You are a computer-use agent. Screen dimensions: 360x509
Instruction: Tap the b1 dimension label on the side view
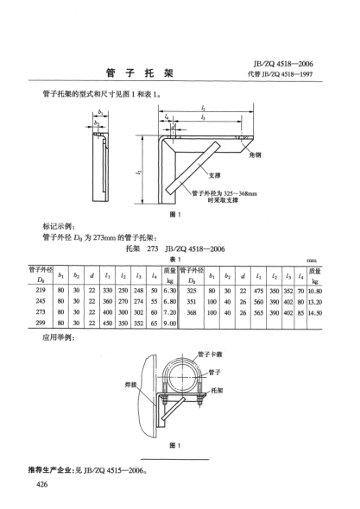[99, 111]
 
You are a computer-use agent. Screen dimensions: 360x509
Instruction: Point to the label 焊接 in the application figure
[135, 396]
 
